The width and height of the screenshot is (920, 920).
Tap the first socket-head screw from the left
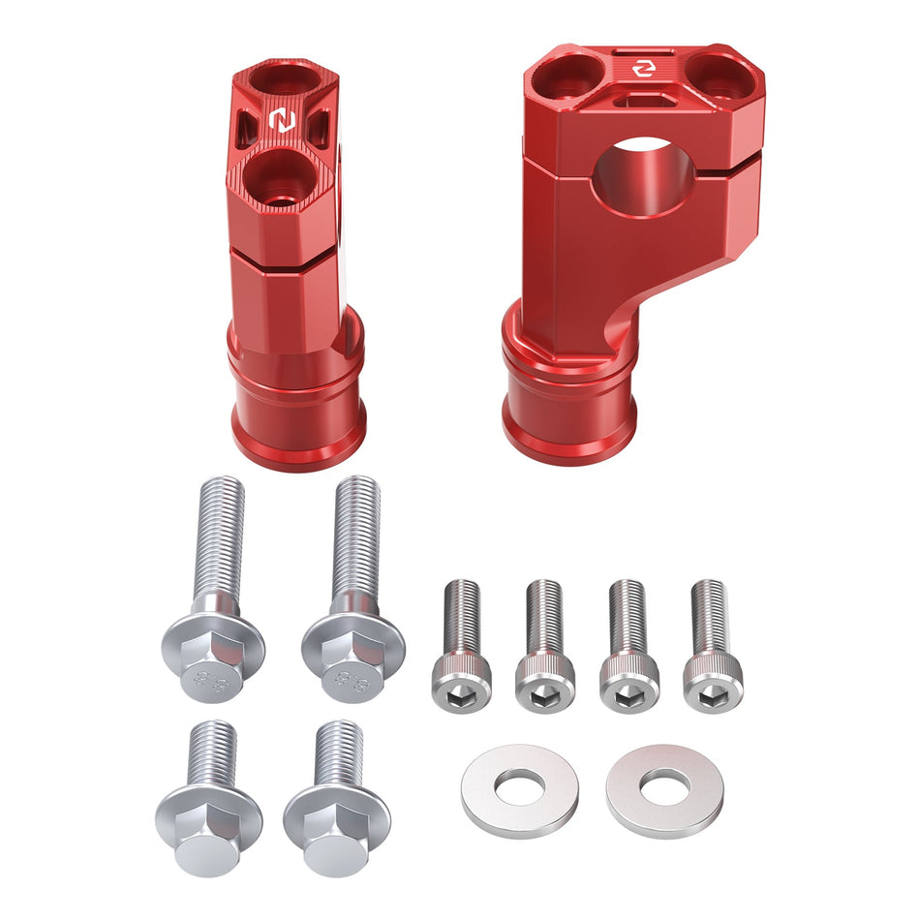click(x=462, y=645)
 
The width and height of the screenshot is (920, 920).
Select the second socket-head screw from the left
click(x=545, y=645)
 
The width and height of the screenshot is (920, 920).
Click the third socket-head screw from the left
click(x=629, y=645)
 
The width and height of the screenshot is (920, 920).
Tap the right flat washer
click(x=664, y=790)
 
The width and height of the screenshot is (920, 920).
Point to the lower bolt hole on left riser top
click(x=280, y=180)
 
